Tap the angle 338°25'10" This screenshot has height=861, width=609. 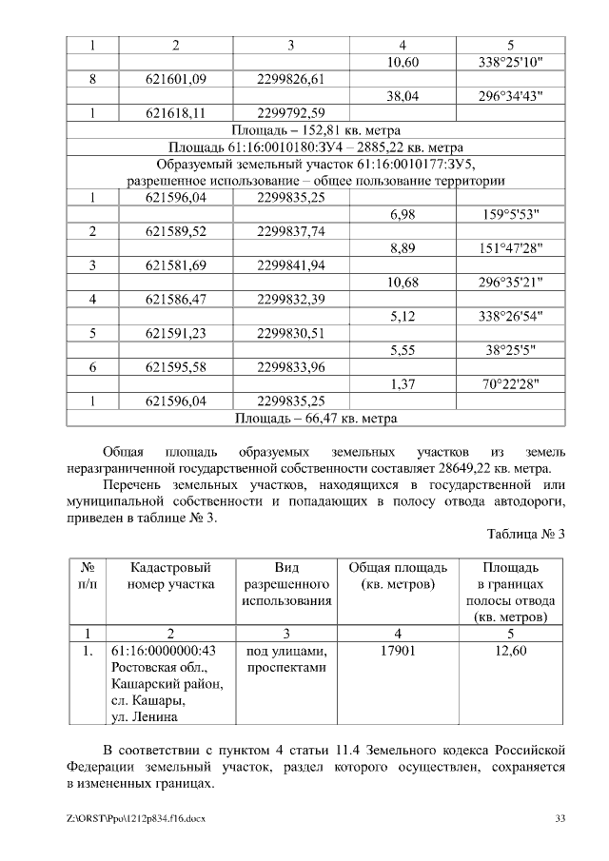pos(510,63)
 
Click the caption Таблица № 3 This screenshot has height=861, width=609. pos(526,534)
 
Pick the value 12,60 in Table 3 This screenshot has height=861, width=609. pos(510,651)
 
